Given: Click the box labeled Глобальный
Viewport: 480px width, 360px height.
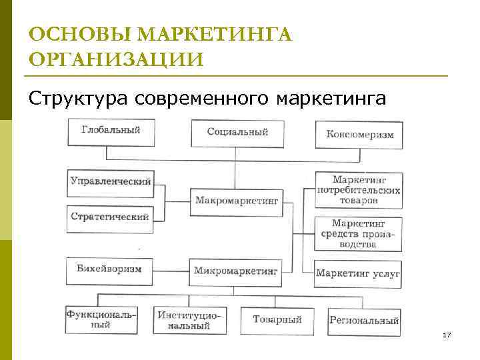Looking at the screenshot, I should (x=111, y=131).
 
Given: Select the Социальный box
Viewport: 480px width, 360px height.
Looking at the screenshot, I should (x=237, y=133).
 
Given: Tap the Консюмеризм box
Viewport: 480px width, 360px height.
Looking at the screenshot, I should (x=359, y=135).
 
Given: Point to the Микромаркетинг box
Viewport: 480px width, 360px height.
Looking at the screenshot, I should (x=237, y=271).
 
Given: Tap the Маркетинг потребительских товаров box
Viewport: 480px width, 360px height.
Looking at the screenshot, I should (x=358, y=189).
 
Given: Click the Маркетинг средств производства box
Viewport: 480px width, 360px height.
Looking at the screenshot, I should (x=358, y=233).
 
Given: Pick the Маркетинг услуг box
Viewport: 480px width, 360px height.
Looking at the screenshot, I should (x=358, y=273).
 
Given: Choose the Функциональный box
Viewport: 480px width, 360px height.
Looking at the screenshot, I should (x=101, y=321).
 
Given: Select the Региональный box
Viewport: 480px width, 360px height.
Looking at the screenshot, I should (x=364, y=321).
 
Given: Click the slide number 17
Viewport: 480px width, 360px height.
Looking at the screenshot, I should (x=447, y=334).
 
